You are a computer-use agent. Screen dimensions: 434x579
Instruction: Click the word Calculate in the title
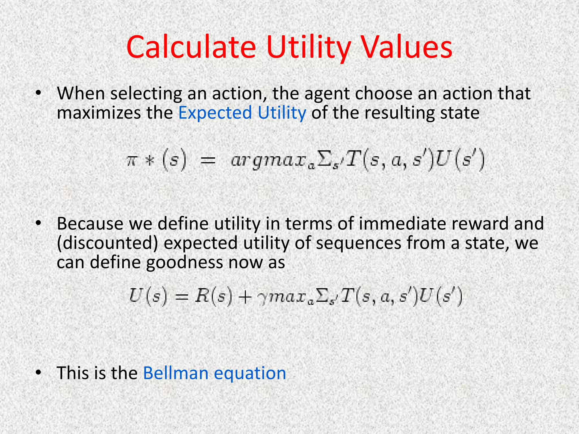point(191,47)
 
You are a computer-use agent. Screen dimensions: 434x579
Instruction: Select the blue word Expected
point(215,113)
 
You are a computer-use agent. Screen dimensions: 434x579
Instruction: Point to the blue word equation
point(250,374)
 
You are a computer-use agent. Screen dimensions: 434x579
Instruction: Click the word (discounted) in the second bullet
point(107,243)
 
